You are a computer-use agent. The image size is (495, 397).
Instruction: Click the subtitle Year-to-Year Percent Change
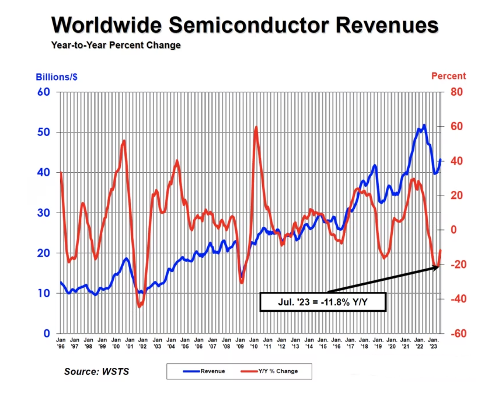(x=116, y=45)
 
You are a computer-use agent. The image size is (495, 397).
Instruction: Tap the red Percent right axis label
(x=448, y=76)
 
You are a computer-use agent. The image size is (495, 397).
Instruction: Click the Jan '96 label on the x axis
(x=61, y=343)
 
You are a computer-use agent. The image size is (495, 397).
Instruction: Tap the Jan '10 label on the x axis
(x=255, y=343)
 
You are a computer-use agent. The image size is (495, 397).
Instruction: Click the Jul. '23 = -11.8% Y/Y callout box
(x=323, y=302)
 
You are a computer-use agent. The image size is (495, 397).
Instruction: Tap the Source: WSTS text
(x=96, y=371)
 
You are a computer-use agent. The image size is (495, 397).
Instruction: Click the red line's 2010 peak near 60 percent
(x=256, y=127)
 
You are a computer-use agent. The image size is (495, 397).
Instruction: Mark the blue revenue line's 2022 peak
(x=423, y=125)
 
